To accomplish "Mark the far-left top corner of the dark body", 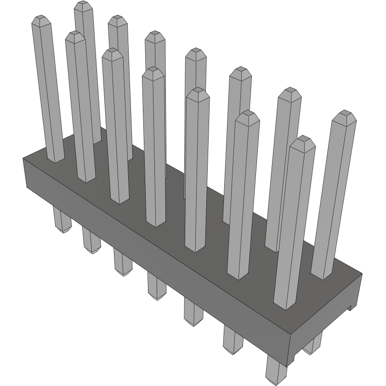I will pyautogui.click(x=23, y=158).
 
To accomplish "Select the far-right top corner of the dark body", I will pyautogui.click(x=362, y=274).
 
